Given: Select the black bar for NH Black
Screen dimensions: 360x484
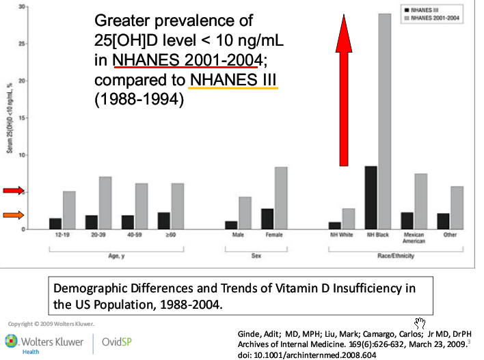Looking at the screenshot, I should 371,197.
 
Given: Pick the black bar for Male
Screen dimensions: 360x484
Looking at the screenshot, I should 231,225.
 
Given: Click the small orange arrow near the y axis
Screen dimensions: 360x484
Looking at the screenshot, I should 12,215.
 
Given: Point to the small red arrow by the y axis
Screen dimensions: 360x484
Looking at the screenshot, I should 12,190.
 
